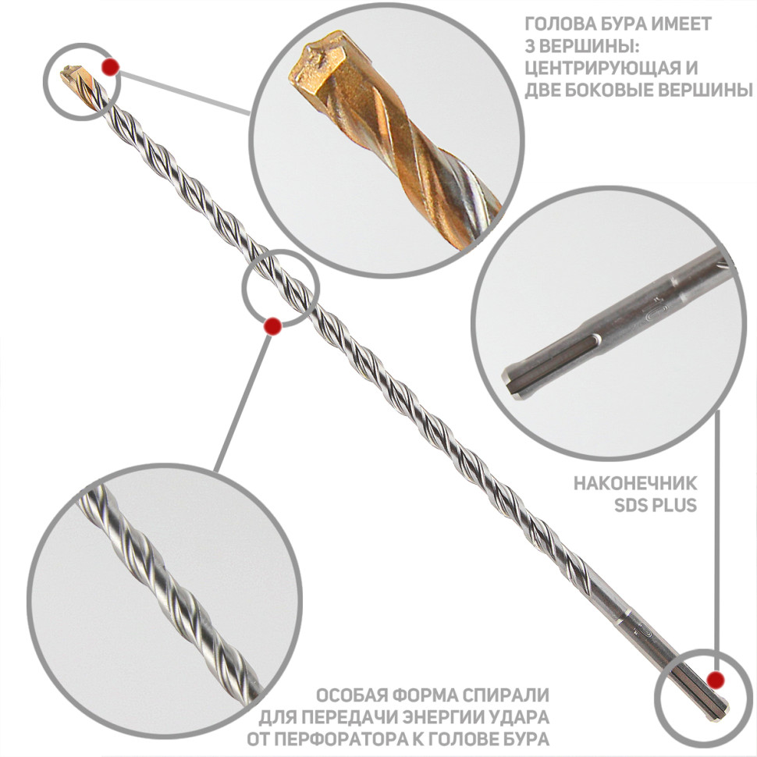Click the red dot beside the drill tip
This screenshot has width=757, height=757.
[x=110, y=67]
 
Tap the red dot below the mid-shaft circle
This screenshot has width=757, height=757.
[x=273, y=326]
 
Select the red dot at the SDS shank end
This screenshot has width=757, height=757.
[x=715, y=680]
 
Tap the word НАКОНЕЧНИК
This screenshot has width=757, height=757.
[x=634, y=483]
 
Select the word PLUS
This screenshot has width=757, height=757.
[x=675, y=505]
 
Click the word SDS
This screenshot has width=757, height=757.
[x=631, y=505]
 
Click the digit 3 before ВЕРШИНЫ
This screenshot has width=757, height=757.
[x=531, y=46]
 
